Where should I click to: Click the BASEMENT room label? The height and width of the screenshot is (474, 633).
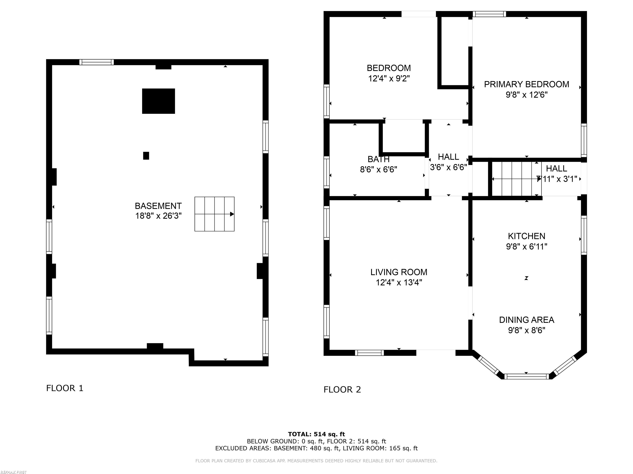tap(158, 206)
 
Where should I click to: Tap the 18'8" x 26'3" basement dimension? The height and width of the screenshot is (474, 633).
tap(158, 216)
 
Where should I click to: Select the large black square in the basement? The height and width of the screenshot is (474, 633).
tap(158, 101)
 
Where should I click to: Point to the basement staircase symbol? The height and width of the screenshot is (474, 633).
tap(214, 214)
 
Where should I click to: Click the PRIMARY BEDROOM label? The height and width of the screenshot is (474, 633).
tap(526, 84)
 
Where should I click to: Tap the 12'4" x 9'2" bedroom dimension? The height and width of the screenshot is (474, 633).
tap(389, 78)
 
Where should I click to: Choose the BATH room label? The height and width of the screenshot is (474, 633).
tap(379, 159)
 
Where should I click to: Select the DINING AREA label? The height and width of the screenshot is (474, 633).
tap(526, 320)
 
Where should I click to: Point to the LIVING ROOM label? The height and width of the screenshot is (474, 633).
tap(399, 272)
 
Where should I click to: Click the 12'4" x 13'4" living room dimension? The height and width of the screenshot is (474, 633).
tap(399, 282)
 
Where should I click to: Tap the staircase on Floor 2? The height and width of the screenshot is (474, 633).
tap(517, 179)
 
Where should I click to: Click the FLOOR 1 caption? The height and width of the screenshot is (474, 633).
tap(65, 388)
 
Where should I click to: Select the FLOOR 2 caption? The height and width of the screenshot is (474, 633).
tap(342, 389)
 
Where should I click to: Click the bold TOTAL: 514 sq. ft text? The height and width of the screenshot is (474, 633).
tap(316, 434)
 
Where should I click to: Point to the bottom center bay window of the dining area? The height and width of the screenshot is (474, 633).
tap(526, 376)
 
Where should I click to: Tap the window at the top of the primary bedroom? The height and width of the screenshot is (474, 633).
tap(489, 14)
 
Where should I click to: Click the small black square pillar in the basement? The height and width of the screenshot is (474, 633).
tap(146, 156)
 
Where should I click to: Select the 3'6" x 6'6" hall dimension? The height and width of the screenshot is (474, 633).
tap(448, 167)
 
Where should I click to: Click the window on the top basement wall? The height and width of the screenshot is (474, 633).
tap(97, 62)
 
